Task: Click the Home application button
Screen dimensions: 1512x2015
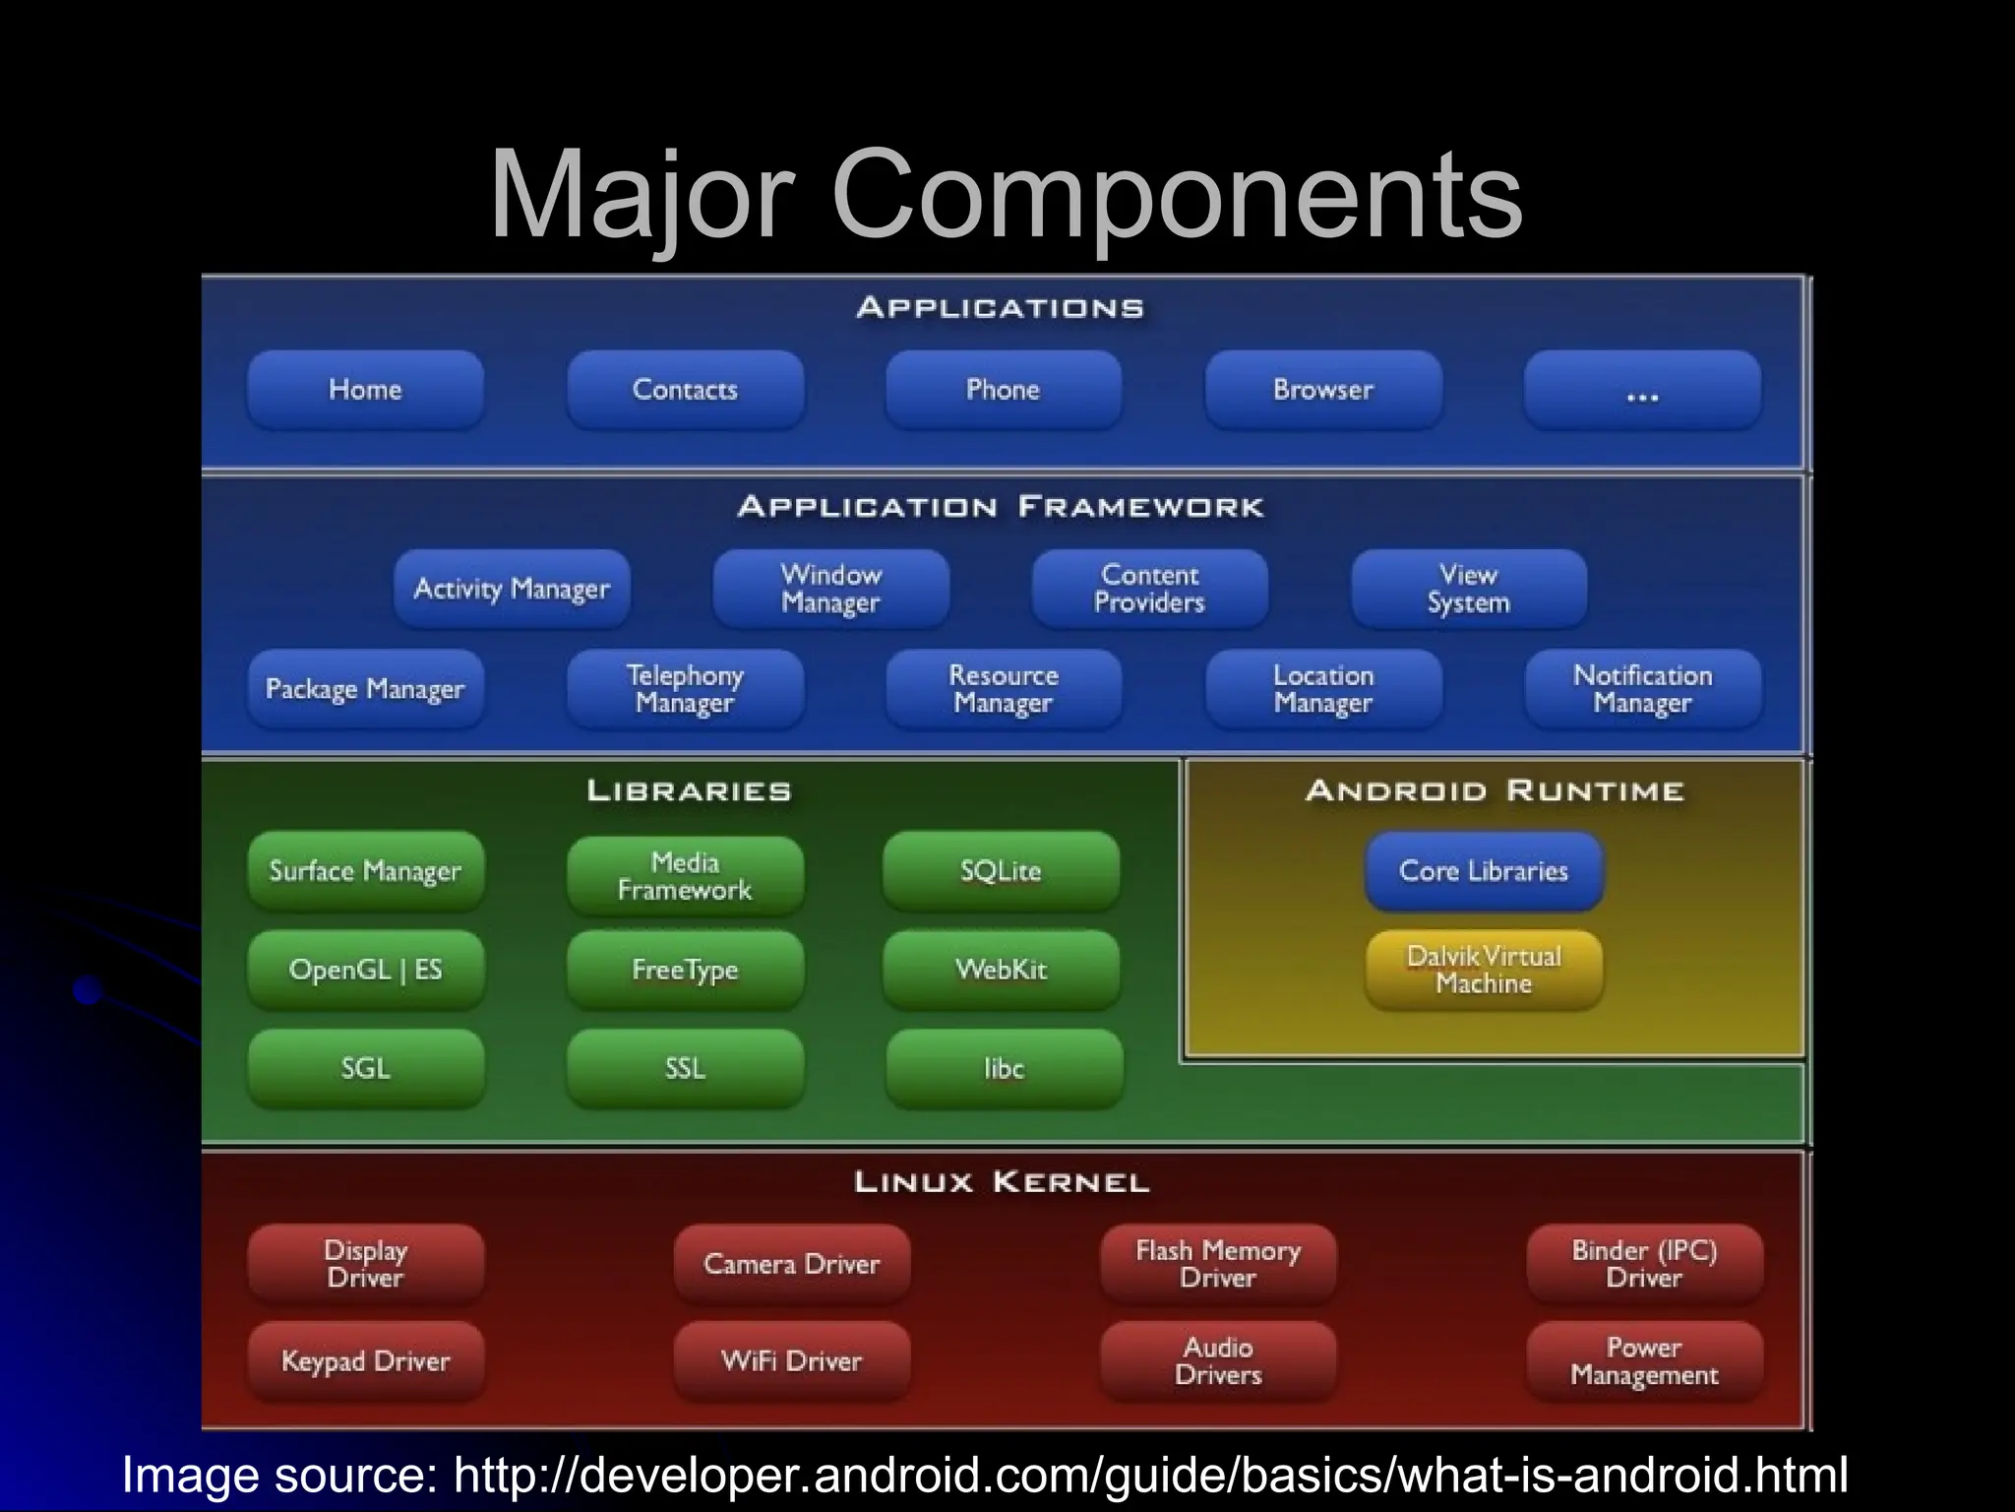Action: click(x=365, y=390)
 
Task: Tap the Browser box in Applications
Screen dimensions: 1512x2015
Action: click(x=1323, y=390)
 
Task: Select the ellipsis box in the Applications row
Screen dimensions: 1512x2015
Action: click(x=1642, y=390)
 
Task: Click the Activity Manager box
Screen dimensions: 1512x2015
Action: click(x=512, y=589)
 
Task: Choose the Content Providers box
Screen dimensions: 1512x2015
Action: click(x=1149, y=589)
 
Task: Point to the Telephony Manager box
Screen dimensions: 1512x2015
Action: click(x=685, y=689)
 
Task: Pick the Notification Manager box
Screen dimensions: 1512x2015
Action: click(x=1642, y=689)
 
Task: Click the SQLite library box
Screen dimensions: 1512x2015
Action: click(x=1001, y=871)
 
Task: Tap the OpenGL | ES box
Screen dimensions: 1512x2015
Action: click(x=365, y=971)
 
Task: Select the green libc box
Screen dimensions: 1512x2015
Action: click(x=1004, y=1069)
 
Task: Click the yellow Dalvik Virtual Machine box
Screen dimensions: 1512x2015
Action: click(x=1484, y=971)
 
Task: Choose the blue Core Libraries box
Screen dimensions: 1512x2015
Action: click(x=1484, y=871)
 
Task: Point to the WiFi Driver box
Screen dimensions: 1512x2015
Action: click(x=791, y=1361)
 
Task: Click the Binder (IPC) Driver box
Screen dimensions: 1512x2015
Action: click(x=1644, y=1264)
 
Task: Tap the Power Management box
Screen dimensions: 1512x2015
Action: click(x=1644, y=1361)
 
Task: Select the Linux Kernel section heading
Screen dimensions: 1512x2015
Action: click(x=1002, y=1182)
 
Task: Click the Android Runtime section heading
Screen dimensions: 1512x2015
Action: click(x=1495, y=791)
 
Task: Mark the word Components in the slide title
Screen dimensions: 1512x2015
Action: click(x=1177, y=194)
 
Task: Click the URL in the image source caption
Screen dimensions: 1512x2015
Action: click(x=1149, y=1476)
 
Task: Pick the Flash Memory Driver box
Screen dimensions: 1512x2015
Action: click(x=1218, y=1264)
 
